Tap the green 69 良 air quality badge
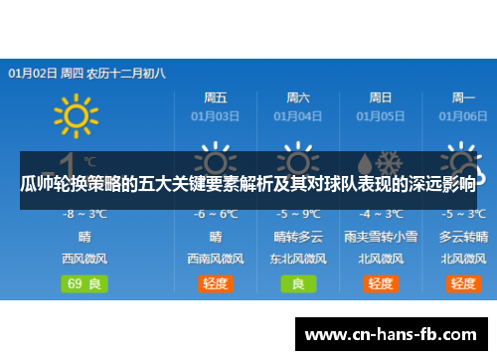coord(85,282)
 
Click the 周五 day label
coord(216,97)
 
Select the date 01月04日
coord(298,115)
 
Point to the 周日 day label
coord(381,97)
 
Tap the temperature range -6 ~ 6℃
coord(216,214)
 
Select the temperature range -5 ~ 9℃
coord(298,214)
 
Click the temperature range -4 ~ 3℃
coord(381,214)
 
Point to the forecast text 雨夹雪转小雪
coord(381,237)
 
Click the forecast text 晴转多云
coord(298,237)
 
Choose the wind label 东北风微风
coord(298,259)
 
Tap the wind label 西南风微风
coord(216,259)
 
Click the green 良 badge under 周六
coord(298,282)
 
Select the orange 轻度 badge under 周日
coord(381,282)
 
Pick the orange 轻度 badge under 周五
coord(216,282)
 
